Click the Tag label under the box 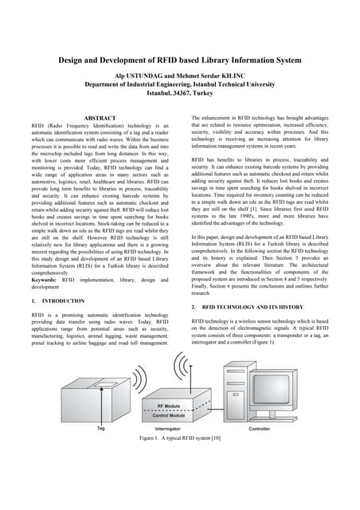tap(100, 428)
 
